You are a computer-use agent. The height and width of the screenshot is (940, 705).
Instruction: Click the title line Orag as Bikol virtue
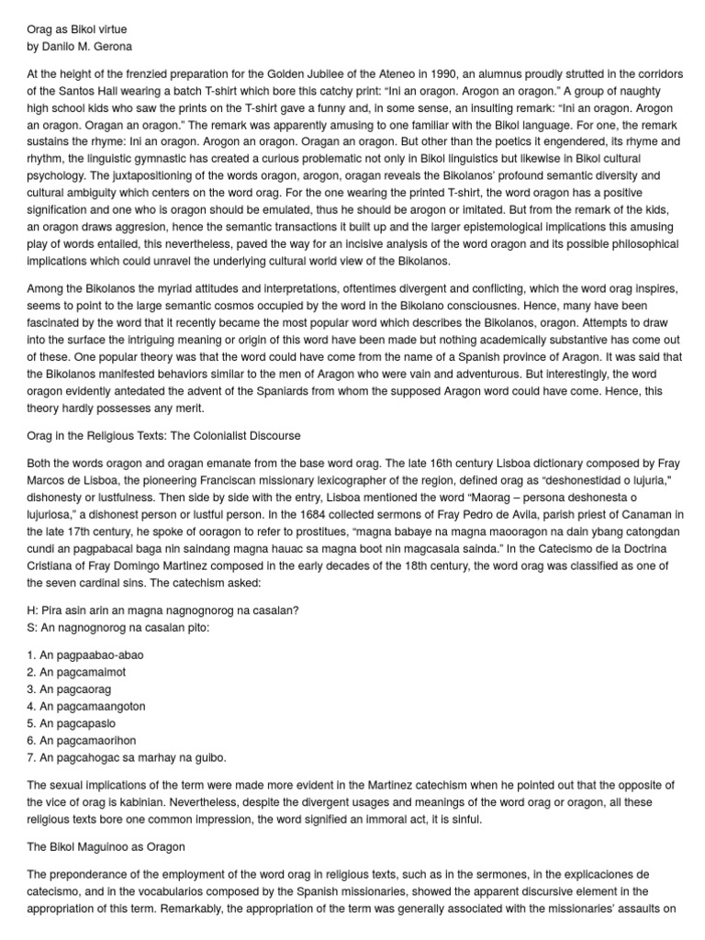click(77, 29)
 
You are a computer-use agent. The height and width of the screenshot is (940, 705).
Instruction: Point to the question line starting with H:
click(163, 610)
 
